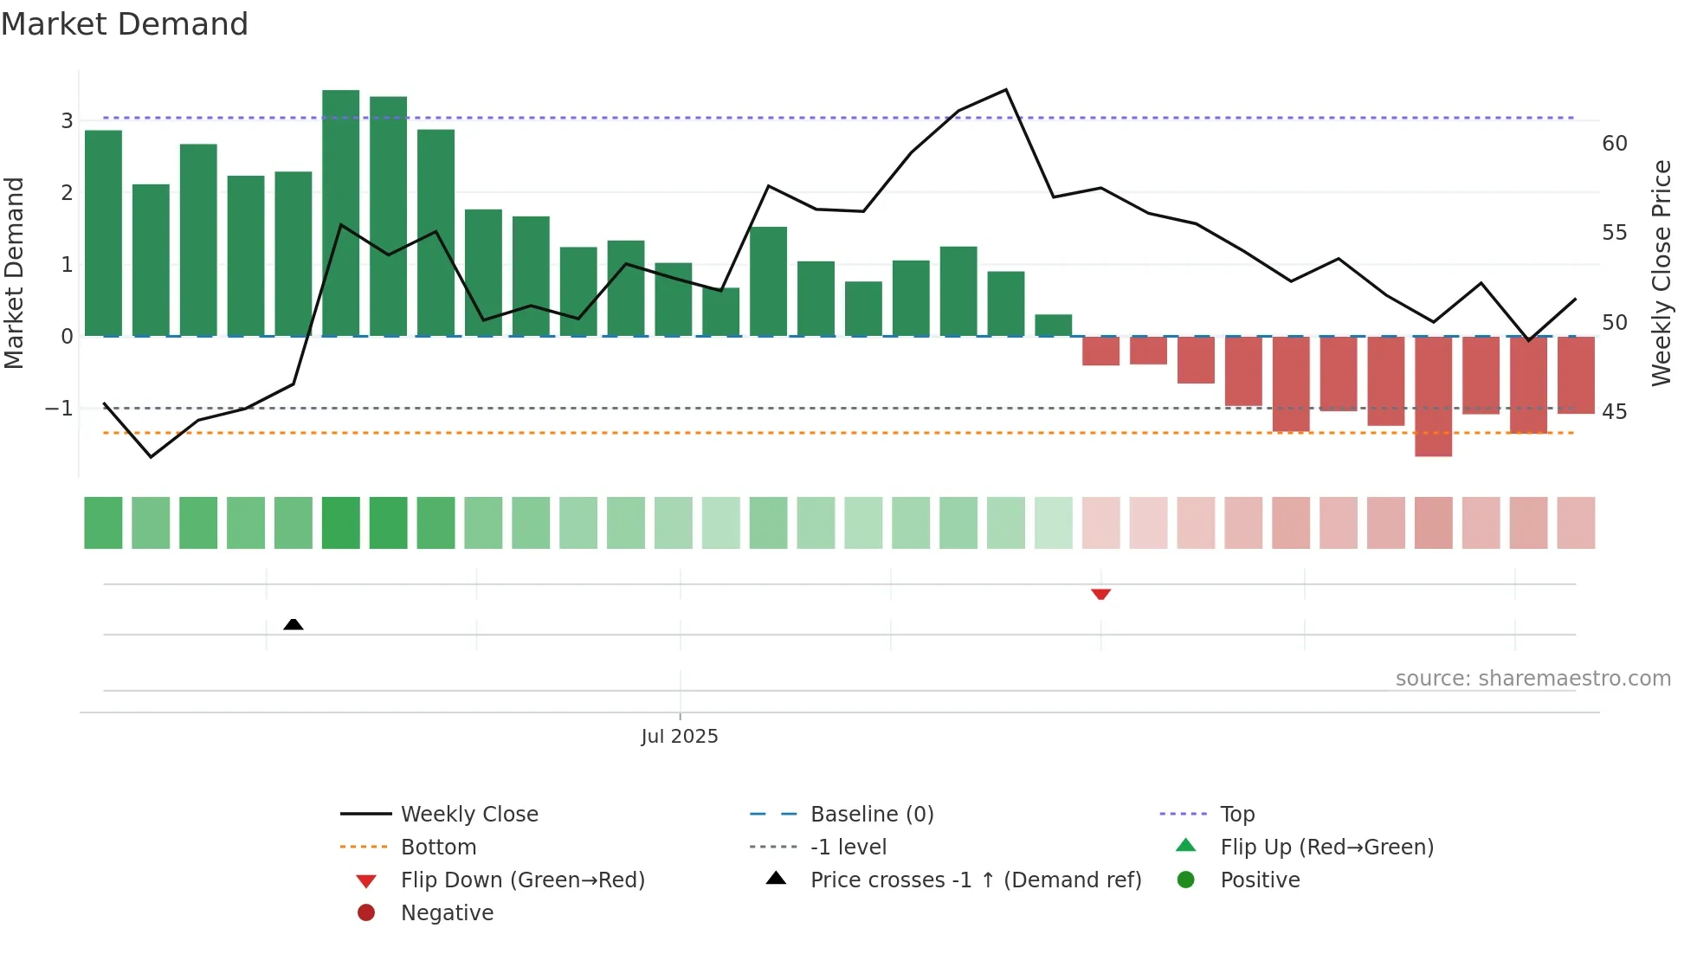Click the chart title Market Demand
[x=125, y=24]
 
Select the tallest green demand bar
[x=340, y=212]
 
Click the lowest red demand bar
[x=1433, y=396]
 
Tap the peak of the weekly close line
[x=1005, y=90]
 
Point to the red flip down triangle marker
[x=1100, y=594]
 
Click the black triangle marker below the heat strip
[x=294, y=624]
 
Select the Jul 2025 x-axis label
[x=680, y=736]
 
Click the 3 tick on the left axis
[x=67, y=120]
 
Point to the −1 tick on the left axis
[x=59, y=408]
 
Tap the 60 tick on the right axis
[x=1614, y=143]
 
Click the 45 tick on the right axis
[x=1614, y=411]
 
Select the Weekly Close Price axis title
[x=1661, y=273]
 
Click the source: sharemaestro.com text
[x=1532, y=678]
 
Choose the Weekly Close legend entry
[x=468, y=814]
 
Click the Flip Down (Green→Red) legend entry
[x=522, y=880]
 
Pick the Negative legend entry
[x=447, y=912]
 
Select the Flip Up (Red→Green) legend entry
[x=1326, y=847]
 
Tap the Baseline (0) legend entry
[x=871, y=814]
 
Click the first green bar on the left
[x=103, y=233]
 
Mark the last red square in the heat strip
[x=1576, y=523]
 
